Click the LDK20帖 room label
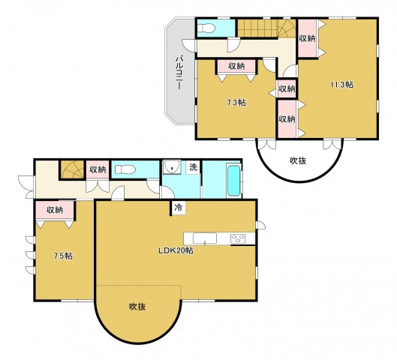(x=176, y=250)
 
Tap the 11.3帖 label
(x=341, y=85)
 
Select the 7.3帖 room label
(x=236, y=103)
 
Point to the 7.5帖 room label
(x=63, y=256)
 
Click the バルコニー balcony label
(x=179, y=73)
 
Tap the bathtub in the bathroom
(x=233, y=181)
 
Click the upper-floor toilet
(x=206, y=28)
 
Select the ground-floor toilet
(x=124, y=169)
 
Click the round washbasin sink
(x=172, y=166)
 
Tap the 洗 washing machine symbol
(x=193, y=167)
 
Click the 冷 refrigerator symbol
(x=179, y=208)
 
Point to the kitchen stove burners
(x=238, y=238)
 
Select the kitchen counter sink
(x=205, y=238)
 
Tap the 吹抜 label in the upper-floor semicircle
(x=298, y=160)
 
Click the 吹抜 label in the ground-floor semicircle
(x=137, y=307)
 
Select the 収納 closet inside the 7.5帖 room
(x=55, y=210)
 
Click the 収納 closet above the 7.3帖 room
(x=236, y=66)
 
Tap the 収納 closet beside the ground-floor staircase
(x=98, y=169)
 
